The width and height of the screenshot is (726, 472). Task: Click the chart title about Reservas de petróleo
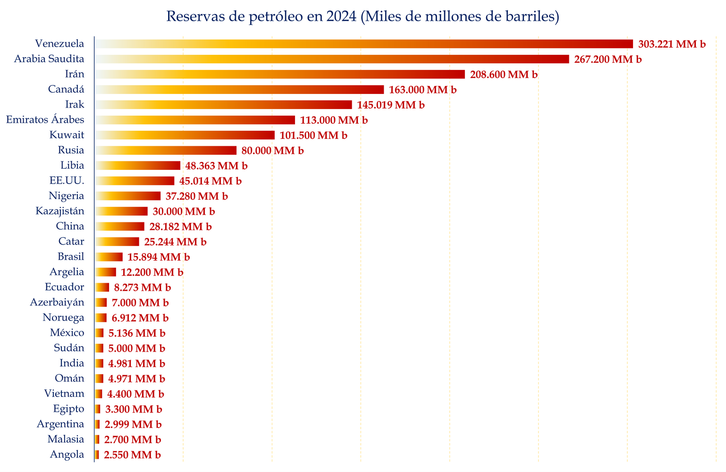[363, 17]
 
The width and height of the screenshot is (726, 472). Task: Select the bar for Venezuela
[363, 44]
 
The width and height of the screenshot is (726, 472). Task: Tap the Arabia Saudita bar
[332, 59]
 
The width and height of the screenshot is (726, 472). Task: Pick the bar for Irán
[279, 74]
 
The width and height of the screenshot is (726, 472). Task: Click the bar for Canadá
[239, 90]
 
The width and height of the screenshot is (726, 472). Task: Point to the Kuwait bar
[185, 135]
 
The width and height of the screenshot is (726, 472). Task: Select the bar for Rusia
[166, 151]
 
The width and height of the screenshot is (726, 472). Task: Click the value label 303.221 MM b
[672, 44]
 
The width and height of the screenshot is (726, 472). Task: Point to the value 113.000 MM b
[334, 120]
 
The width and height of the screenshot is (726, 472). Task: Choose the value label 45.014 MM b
[211, 181]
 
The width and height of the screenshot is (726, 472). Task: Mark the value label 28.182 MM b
[180, 227]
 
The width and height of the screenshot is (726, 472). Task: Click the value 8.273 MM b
[143, 287]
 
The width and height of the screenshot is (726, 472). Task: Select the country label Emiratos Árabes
[45, 120]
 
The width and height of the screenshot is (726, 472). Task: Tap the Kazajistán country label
[60, 211]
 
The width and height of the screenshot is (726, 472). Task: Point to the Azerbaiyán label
[57, 302]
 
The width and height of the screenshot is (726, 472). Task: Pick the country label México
[67, 333]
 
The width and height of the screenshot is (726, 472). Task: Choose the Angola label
[67, 455]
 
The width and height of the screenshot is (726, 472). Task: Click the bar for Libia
[137, 166]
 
